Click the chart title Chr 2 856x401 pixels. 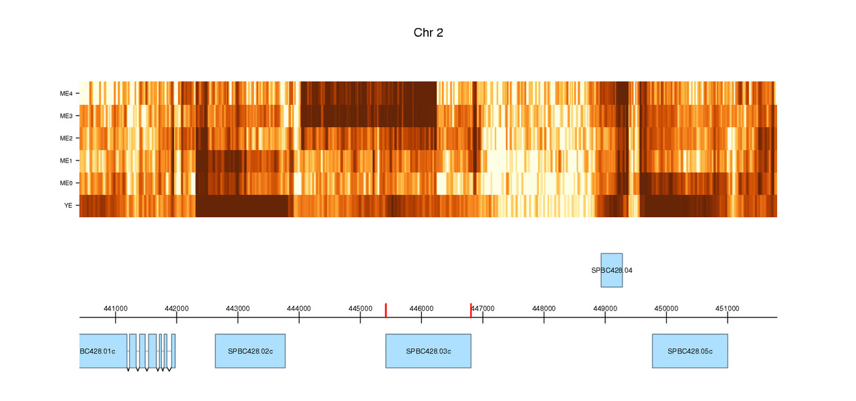[428, 33]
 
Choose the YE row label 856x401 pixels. [68, 206]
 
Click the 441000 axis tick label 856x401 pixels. [116, 309]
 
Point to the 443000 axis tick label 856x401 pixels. [238, 309]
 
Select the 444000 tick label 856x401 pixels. [299, 309]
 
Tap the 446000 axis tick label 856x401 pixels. [421, 309]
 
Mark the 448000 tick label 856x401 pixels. [544, 309]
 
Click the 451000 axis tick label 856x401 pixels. [728, 309]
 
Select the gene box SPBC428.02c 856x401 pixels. [250, 351]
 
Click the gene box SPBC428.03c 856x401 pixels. [428, 351]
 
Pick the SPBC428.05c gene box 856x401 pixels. [690, 351]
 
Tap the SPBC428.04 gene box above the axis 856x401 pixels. [612, 270]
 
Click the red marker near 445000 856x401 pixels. [386, 310]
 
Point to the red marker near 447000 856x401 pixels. [471, 310]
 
